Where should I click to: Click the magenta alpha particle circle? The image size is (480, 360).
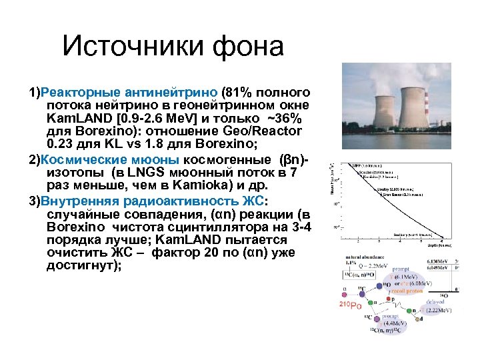(344, 290)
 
